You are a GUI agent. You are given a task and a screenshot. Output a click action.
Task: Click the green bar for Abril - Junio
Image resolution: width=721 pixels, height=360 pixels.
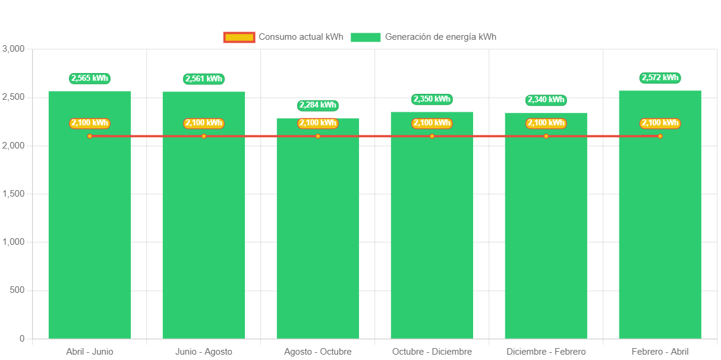point(90,238)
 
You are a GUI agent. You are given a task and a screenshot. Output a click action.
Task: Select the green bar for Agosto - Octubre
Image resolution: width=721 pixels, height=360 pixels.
point(318,238)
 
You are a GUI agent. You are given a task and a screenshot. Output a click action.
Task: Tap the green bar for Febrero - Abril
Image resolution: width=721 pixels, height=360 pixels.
point(660,238)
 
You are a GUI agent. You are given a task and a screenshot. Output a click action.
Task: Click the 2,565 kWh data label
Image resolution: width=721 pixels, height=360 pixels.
point(90,78)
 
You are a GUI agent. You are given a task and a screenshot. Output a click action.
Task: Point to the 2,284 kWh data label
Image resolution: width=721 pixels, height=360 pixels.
point(318,105)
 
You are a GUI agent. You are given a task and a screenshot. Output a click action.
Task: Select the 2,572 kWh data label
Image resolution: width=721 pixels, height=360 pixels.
point(660,78)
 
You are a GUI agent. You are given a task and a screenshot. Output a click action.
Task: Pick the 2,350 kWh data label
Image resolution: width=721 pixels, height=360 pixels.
point(432,99)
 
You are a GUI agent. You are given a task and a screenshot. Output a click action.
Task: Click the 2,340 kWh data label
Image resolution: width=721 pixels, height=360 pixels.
point(546,100)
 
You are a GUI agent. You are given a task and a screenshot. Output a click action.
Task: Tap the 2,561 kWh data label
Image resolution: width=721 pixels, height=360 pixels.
point(204,78)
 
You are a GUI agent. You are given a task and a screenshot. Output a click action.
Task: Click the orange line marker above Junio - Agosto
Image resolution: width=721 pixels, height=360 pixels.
point(204,136)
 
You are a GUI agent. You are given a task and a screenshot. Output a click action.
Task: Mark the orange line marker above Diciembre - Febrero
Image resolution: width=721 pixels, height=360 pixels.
point(546,136)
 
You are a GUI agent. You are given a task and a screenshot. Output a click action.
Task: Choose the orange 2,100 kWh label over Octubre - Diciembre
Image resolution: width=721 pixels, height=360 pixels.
point(432,123)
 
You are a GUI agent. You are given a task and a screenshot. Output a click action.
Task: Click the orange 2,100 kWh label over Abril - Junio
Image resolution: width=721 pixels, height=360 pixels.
point(90,123)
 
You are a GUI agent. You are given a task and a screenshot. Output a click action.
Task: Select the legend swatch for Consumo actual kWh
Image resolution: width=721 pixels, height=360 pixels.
point(239,37)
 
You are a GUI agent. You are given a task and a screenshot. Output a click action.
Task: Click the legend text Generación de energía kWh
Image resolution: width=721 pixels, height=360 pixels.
point(440,37)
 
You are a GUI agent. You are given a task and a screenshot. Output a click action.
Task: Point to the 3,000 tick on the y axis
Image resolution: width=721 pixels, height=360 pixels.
point(13,49)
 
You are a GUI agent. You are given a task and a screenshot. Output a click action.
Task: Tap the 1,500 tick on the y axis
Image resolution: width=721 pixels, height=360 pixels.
point(13,194)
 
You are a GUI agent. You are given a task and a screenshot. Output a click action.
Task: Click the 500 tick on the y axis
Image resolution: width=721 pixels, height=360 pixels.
point(18,290)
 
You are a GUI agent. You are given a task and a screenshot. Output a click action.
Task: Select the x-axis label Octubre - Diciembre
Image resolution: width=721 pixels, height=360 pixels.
point(432,352)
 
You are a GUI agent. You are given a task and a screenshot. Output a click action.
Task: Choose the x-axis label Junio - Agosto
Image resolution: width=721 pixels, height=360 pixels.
point(204,352)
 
